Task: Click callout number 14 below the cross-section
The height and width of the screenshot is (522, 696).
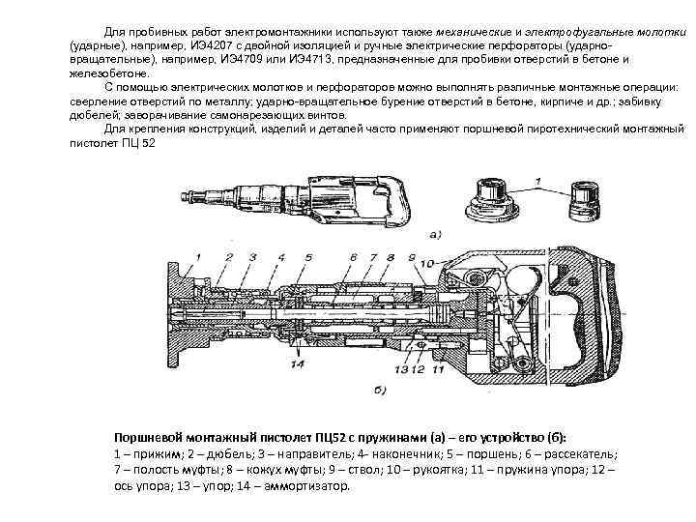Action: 297,364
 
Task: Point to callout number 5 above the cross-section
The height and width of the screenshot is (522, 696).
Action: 308,256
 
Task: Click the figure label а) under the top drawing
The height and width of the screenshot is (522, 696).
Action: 436,234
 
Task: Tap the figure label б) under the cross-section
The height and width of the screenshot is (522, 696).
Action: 378,390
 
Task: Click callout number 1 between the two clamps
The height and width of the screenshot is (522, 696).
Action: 537,181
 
